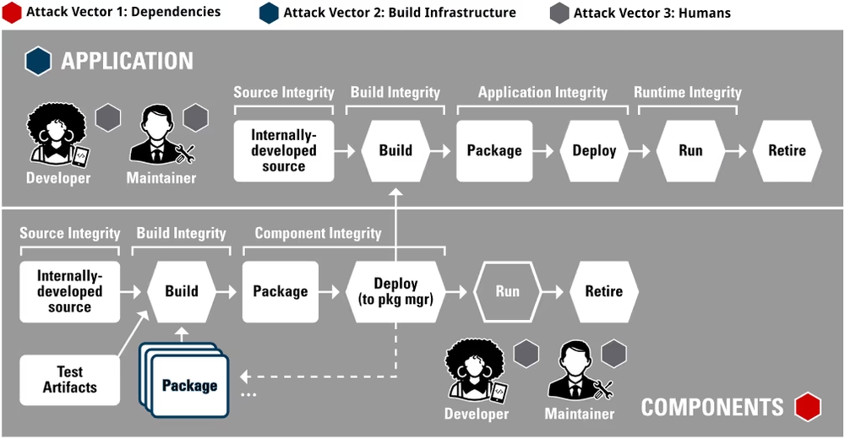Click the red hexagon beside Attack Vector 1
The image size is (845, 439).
pos(13,13)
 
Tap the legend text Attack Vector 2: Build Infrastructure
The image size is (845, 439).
pos(400,13)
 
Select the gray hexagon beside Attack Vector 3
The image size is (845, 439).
pos(559,13)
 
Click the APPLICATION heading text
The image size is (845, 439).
pos(127,61)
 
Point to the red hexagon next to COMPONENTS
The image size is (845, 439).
pos(808,407)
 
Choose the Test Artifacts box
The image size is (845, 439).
pos(70,380)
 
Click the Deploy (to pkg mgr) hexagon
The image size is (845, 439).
pos(395,291)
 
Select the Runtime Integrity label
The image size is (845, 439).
pos(688,93)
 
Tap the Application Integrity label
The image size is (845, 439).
pos(542,93)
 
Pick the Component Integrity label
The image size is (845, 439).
pos(318,233)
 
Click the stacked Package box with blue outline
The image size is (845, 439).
pos(189,386)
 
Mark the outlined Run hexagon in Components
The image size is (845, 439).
pos(507,291)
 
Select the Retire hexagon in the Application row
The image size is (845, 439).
pos(787,151)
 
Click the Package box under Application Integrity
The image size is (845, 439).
pos(494,151)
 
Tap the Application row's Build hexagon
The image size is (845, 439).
pos(395,151)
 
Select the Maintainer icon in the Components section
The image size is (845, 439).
pos(580,371)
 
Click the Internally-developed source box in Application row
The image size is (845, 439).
pos(284,151)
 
